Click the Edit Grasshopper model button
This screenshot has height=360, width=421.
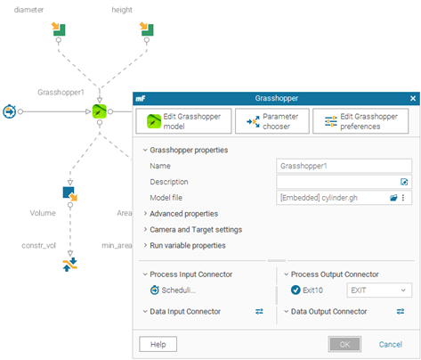point(183,121)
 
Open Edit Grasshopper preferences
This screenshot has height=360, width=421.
point(360,121)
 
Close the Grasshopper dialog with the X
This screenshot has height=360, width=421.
point(413,98)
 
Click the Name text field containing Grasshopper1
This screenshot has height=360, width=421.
point(344,166)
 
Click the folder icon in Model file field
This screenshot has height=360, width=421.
point(393,198)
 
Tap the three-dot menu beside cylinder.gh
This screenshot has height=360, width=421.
point(403,198)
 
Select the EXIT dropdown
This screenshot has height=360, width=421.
point(379,290)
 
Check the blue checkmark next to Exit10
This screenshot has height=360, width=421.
point(296,290)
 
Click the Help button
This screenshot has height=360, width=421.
point(158,344)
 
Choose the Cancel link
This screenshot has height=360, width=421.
point(391,344)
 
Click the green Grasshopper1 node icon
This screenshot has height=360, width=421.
point(100,111)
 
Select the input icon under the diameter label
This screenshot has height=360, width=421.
point(59,29)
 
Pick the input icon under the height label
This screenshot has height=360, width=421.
point(147,29)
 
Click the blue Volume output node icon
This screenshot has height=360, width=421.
point(70,193)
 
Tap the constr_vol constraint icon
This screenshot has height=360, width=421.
point(70,265)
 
